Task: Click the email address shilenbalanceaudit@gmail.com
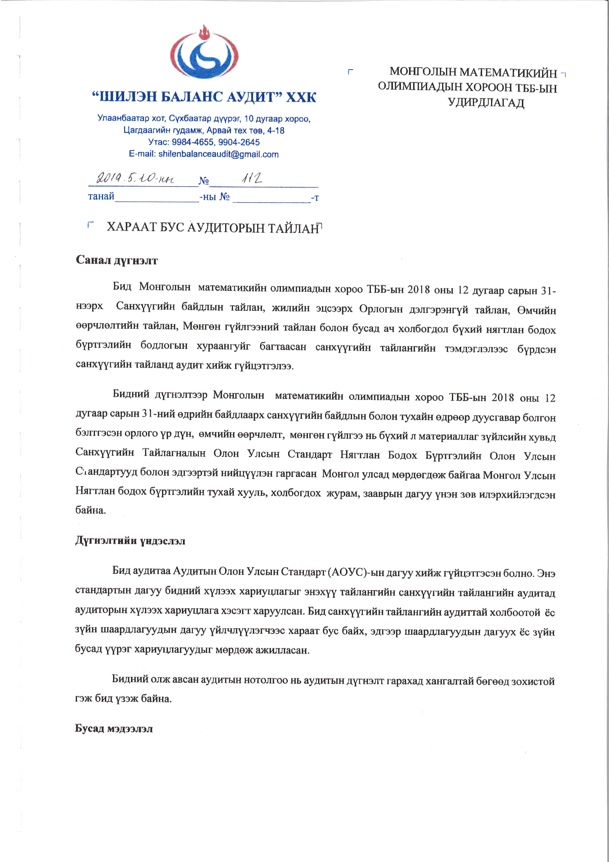pyautogui.click(x=218, y=154)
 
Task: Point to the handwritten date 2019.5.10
pyautogui.click(x=135, y=178)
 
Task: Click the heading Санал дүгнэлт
pyautogui.click(x=117, y=260)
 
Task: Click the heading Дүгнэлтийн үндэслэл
pyautogui.click(x=130, y=541)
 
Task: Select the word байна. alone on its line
pyautogui.click(x=91, y=510)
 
